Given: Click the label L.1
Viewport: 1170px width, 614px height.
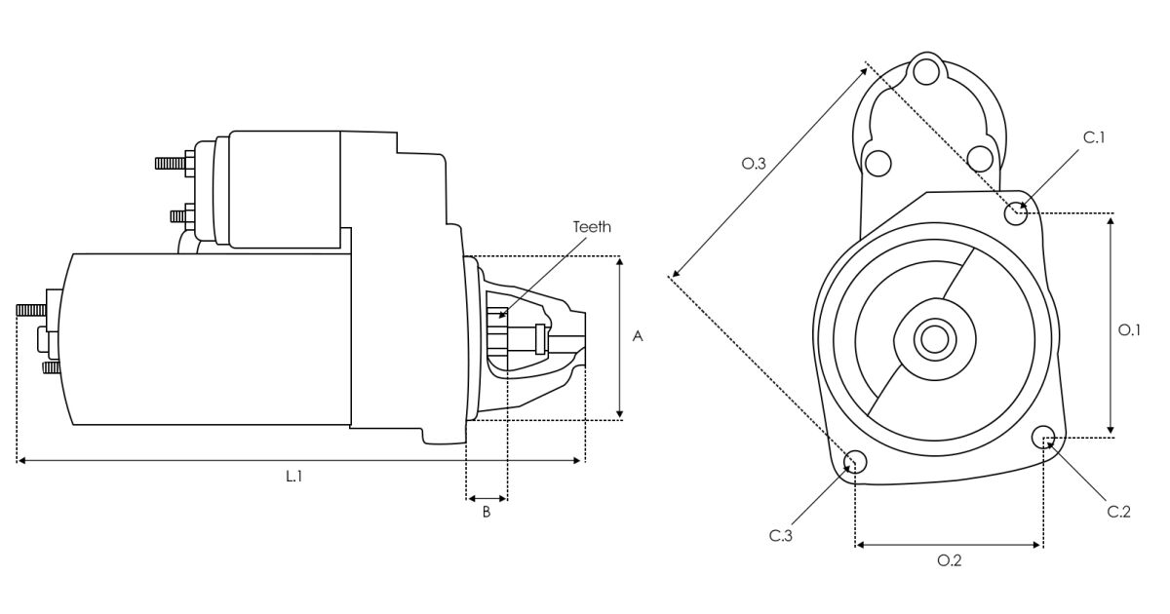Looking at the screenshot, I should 293,477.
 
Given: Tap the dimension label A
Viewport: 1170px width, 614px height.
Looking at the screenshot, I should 638,336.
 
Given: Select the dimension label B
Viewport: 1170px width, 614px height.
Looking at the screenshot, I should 487,513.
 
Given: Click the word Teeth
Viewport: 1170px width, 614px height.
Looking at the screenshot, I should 592,226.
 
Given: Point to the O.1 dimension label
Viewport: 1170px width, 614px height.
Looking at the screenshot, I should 1128,330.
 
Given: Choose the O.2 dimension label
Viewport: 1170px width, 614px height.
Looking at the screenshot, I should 949,560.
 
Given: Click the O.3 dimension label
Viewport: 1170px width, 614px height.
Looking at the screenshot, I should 753,165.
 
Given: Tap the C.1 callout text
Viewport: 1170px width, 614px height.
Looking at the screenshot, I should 1094,138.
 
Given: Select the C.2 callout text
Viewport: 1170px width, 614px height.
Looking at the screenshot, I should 1118,512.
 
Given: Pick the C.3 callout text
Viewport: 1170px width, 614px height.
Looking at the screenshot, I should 780,535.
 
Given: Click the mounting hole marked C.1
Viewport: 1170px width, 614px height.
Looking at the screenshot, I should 1017,211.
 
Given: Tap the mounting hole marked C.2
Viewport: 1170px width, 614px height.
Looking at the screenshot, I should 1043,438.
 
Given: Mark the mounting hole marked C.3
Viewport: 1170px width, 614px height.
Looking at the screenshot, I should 855,462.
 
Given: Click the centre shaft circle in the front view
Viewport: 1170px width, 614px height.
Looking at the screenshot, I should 934,339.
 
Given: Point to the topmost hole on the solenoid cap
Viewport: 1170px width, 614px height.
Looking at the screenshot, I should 927,71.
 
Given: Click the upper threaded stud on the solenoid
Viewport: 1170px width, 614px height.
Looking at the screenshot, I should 171,163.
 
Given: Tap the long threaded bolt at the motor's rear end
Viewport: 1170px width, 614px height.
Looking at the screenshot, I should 32,310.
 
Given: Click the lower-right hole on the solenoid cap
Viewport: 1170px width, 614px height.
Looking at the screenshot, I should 979,157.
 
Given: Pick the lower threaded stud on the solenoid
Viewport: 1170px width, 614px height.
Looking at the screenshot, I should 179,214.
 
